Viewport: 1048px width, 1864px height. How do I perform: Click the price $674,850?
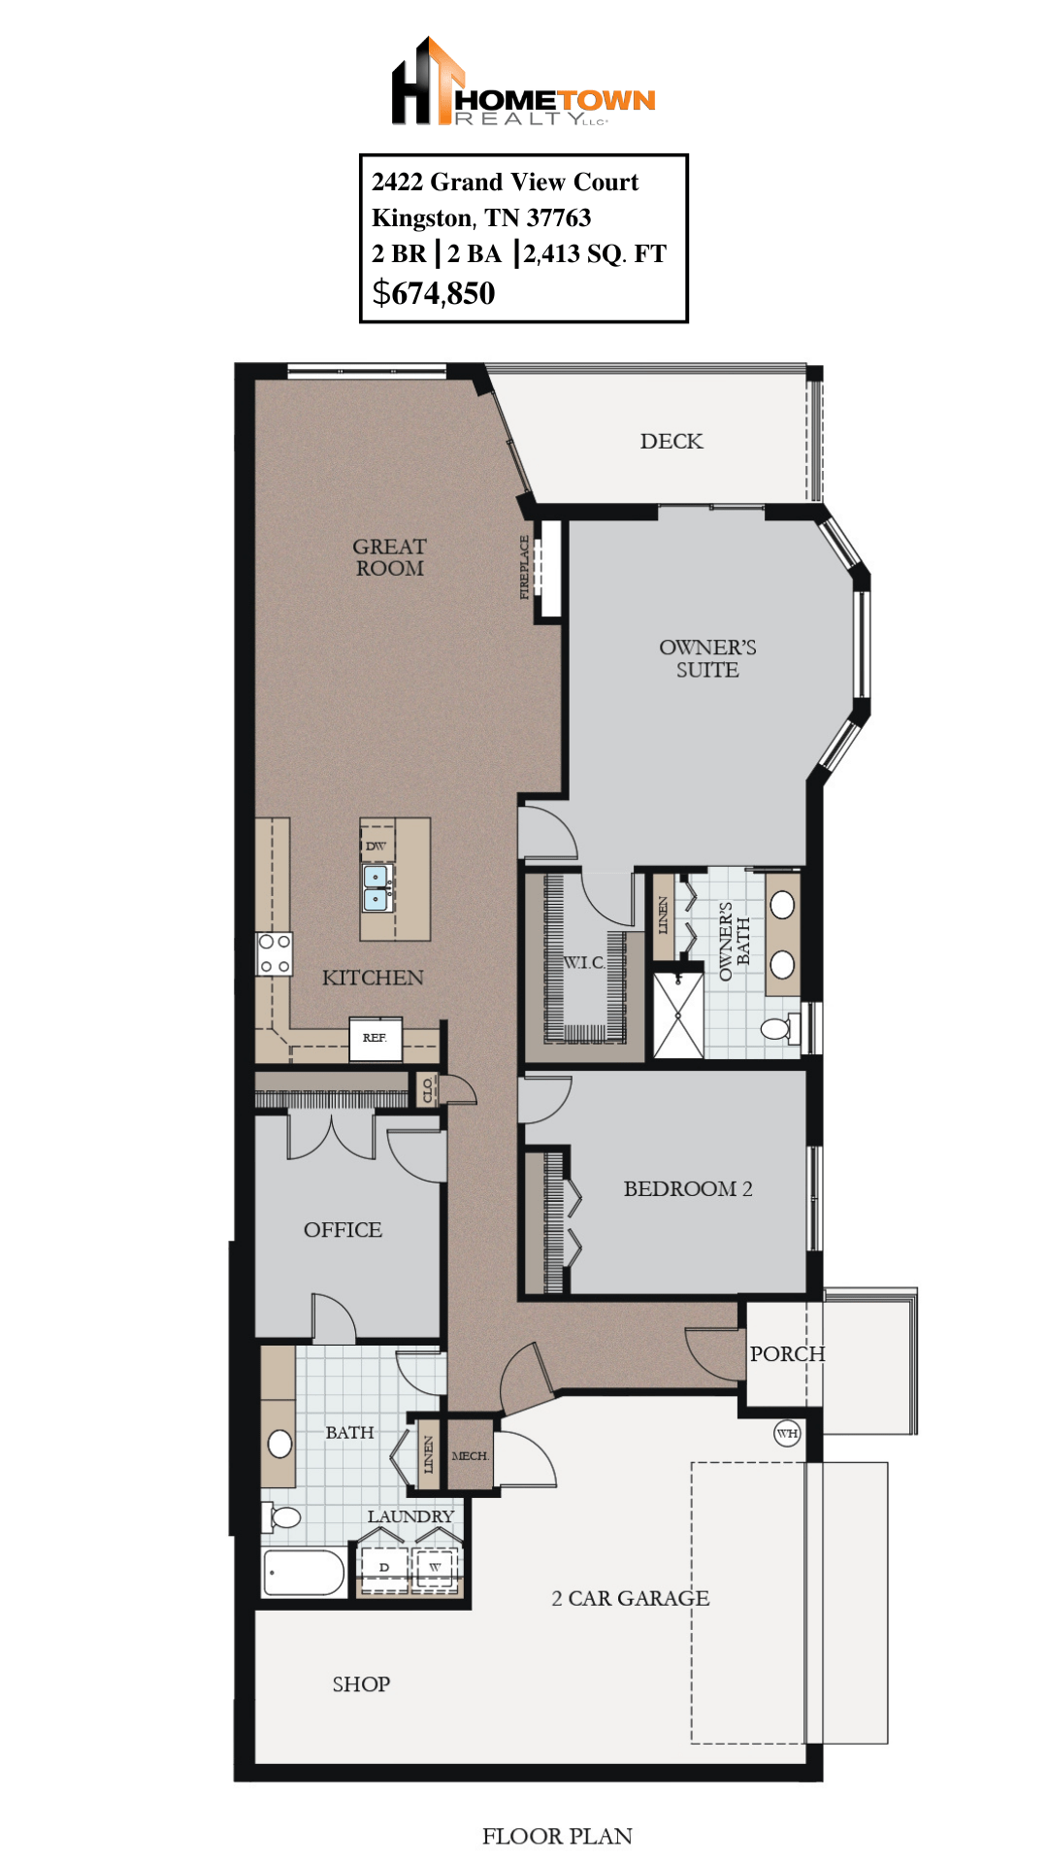pos(434,293)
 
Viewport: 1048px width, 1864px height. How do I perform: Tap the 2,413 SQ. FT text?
pos(595,254)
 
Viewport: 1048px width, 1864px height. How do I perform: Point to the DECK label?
pos(671,442)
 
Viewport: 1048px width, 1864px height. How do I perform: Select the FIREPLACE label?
pos(525,567)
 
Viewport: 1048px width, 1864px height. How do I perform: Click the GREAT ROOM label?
pos(389,558)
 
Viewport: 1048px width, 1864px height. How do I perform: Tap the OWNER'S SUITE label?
pos(707,658)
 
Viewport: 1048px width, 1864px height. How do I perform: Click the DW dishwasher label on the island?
pos(376,846)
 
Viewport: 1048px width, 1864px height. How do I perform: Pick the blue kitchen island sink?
pos(377,888)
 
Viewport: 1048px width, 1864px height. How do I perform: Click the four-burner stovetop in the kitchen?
pos(275,953)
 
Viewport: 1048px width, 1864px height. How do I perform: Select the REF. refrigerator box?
pos(376,1039)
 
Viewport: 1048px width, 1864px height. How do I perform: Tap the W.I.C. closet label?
pos(584,962)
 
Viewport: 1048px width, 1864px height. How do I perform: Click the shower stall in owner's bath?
pos(678,1015)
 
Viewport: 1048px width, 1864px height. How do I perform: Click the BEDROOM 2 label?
pos(687,1189)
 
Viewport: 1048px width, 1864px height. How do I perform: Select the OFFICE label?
pos(343,1230)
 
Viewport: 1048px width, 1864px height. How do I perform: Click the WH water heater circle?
pos(787,1433)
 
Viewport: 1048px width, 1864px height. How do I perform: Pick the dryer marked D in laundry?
pos(384,1567)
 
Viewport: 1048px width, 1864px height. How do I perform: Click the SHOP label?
pos(361,1684)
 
